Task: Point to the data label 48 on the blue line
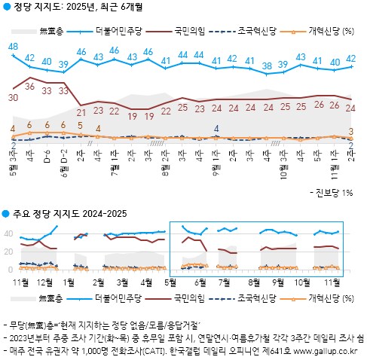pyautogui.click(x=13, y=47)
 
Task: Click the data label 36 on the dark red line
pyautogui.click(x=30, y=87)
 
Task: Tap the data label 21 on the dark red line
pyautogui.click(x=81, y=111)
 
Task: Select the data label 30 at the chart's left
pyautogui.click(x=13, y=97)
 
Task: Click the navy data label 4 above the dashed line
pyautogui.click(x=216, y=128)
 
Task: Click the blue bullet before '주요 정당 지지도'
pyautogui.click(x=5, y=215)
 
